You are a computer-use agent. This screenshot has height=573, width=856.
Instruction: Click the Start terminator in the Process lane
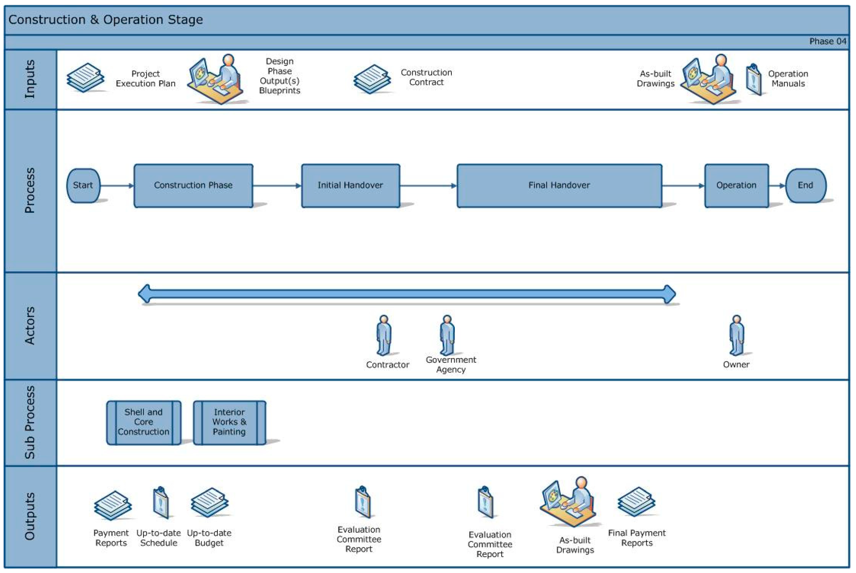83,185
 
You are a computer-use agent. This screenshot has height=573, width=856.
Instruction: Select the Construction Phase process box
193,186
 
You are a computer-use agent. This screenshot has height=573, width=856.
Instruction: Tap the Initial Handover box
350,186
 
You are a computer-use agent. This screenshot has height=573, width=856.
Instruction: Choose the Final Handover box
559,186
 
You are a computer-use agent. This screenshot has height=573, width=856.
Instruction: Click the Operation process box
736,186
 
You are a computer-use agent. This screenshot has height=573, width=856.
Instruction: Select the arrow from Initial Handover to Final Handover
428,186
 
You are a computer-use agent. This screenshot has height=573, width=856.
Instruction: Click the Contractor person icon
384,336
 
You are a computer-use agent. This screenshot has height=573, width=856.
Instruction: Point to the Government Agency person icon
447,336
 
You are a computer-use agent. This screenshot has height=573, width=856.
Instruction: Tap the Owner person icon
737,336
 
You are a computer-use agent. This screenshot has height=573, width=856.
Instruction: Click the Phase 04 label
828,41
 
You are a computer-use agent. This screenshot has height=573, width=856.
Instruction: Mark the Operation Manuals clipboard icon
753,80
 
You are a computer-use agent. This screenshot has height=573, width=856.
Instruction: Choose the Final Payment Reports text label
637,538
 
